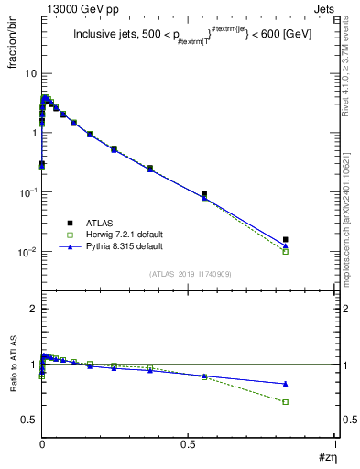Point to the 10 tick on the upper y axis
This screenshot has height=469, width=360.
point(29,72)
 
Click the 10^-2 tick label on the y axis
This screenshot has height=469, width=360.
point(26,251)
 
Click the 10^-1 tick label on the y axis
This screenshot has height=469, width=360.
point(26,191)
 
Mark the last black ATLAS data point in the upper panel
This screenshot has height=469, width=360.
point(286,240)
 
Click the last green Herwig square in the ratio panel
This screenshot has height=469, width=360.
point(286,402)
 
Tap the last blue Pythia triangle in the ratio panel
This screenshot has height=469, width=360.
point(286,384)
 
